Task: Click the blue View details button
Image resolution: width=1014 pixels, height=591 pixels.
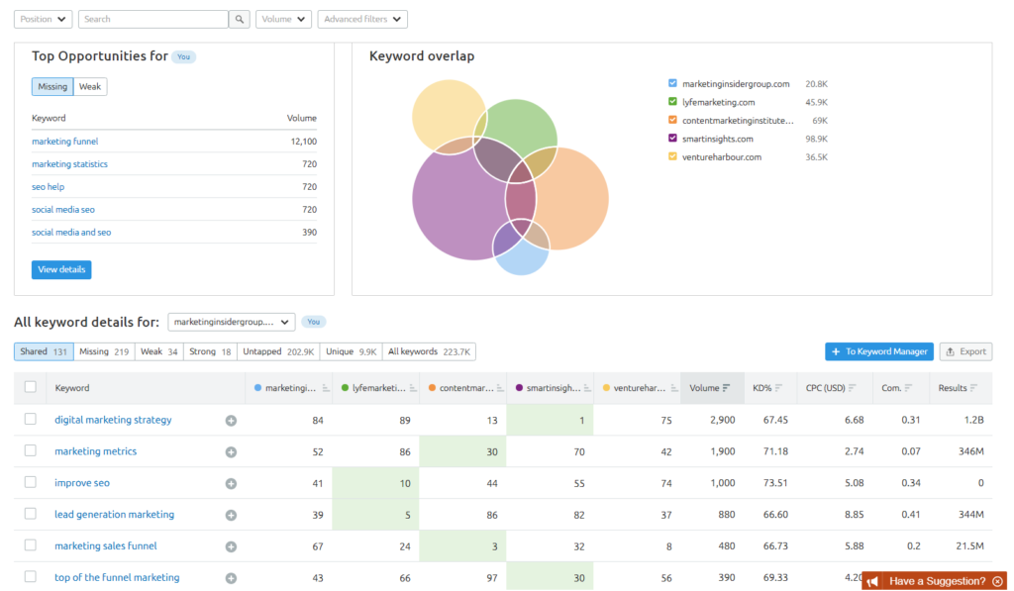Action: tap(61, 269)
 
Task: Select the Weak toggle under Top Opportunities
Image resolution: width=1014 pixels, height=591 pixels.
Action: tap(90, 87)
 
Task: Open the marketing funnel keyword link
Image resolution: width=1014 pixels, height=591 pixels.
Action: tap(65, 142)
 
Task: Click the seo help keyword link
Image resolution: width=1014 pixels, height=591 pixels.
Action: tap(49, 187)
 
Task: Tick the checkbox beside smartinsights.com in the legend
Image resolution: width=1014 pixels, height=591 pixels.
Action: tap(673, 139)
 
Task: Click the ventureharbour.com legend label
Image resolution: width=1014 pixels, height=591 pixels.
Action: tap(722, 156)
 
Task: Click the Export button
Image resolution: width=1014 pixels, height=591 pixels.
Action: tap(965, 351)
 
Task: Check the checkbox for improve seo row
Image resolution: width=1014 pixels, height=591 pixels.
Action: tap(31, 482)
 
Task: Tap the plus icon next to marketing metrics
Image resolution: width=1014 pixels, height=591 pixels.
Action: tap(231, 451)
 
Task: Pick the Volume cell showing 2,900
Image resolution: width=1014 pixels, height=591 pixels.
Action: tap(723, 420)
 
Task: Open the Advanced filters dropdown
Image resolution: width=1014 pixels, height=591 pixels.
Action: tap(362, 19)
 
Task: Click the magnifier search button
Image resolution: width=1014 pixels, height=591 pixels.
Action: tap(240, 19)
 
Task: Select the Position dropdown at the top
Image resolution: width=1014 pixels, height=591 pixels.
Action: tap(43, 19)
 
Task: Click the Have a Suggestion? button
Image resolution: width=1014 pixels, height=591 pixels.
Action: tap(935, 581)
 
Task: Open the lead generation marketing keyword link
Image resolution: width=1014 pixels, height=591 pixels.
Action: tap(114, 515)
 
